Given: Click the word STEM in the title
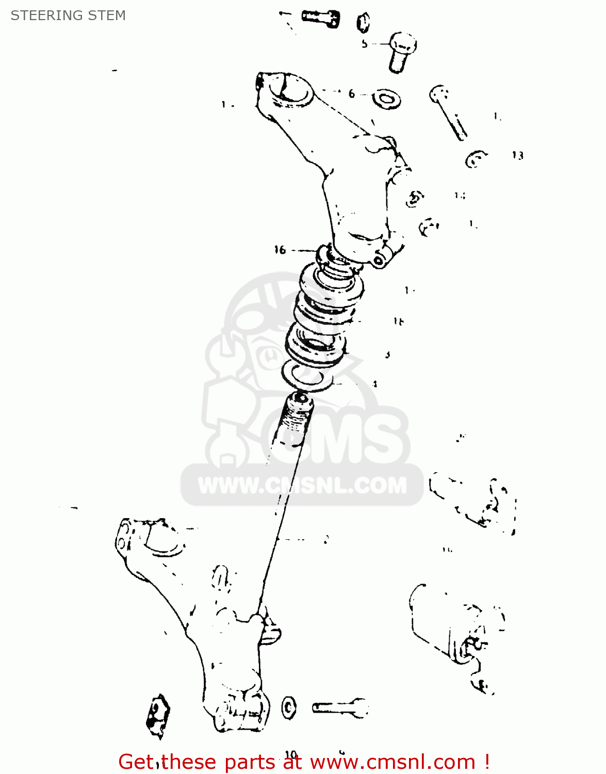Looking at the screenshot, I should [107, 15].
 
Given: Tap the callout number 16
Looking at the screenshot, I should [280, 250].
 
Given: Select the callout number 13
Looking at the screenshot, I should [517, 155].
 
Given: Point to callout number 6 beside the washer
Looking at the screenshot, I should [352, 94].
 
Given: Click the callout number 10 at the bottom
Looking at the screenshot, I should [291, 755].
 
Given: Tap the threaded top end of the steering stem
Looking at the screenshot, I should [297, 413].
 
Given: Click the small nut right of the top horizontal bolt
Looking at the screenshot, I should [364, 22].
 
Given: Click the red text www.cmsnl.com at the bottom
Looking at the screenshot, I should [392, 762].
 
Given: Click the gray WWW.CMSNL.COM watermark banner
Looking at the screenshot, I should [302, 486].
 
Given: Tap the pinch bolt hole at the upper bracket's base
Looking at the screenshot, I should [379, 261].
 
